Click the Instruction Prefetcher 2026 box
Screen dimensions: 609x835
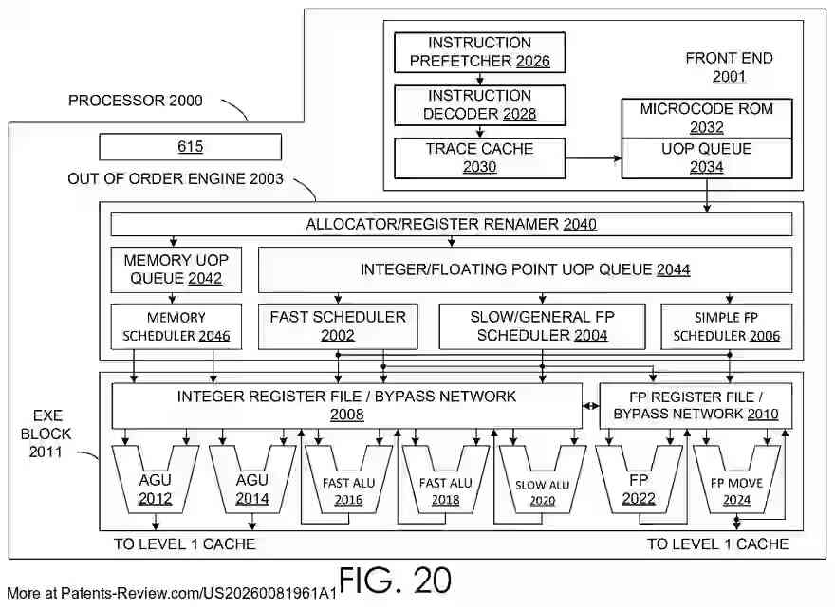[479, 52]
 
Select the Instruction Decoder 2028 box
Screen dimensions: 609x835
[479, 105]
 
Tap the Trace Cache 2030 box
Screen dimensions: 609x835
[479, 158]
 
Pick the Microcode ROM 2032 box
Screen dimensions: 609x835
[706, 118]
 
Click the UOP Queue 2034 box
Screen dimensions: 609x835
[706, 157]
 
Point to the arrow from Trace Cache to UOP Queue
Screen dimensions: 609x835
[593, 159]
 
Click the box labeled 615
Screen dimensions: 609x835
[191, 147]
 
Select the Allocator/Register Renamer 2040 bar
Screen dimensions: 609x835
[452, 225]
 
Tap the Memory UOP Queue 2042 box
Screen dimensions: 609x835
[176, 269]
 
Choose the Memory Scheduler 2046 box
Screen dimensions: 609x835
[176, 326]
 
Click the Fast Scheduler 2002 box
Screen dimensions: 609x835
[338, 326]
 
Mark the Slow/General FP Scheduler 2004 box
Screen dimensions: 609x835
[542, 326]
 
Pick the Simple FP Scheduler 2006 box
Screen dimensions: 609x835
[727, 326]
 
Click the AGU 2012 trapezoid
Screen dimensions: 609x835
[155, 484]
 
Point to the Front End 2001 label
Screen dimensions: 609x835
[729, 67]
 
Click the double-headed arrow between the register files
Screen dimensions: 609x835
[591, 406]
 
